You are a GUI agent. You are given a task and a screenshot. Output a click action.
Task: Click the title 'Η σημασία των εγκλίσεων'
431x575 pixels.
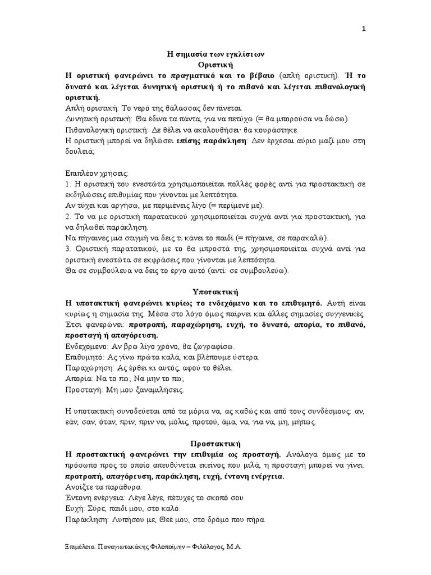pos(215,54)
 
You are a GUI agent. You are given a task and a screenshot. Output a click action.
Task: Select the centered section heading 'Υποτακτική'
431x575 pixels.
pos(215,292)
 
